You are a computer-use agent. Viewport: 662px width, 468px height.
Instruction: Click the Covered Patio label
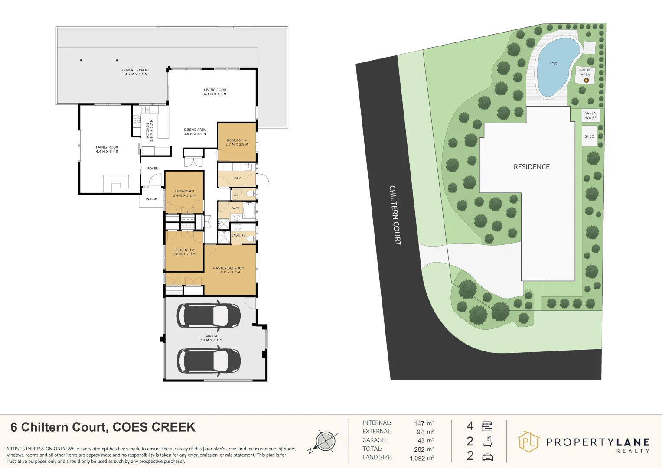coord(135,72)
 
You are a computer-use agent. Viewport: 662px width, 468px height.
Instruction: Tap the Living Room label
coord(215,92)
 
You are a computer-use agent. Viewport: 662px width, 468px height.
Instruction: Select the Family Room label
coord(107,149)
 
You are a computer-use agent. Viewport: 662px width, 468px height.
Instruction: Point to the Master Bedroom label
coord(228,270)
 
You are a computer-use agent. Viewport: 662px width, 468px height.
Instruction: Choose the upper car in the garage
coord(209,315)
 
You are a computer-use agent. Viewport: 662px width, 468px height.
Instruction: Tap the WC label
coord(236,195)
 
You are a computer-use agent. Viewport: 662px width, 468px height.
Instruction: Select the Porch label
coord(151,199)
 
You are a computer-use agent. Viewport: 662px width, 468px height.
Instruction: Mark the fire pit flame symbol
coord(586,80)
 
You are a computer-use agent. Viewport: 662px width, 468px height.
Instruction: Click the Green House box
coord(590,115)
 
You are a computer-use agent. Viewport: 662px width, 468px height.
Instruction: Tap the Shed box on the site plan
coord(589,136)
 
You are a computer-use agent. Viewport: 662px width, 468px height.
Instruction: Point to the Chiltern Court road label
coord(395,215)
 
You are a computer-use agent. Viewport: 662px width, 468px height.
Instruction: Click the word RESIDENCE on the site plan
coord(532,167)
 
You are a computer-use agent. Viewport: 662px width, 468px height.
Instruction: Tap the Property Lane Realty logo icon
coord(528,442)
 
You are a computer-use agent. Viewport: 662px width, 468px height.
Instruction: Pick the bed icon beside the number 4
coord(487,426)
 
